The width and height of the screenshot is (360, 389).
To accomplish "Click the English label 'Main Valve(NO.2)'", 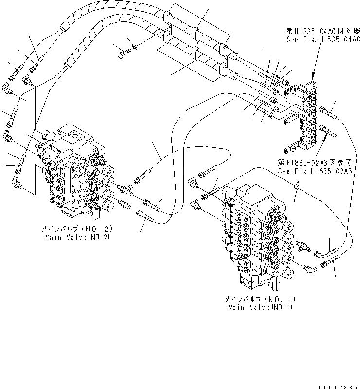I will [x=77, y=238].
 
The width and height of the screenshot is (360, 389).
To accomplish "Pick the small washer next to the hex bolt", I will [x=135, y=47].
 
